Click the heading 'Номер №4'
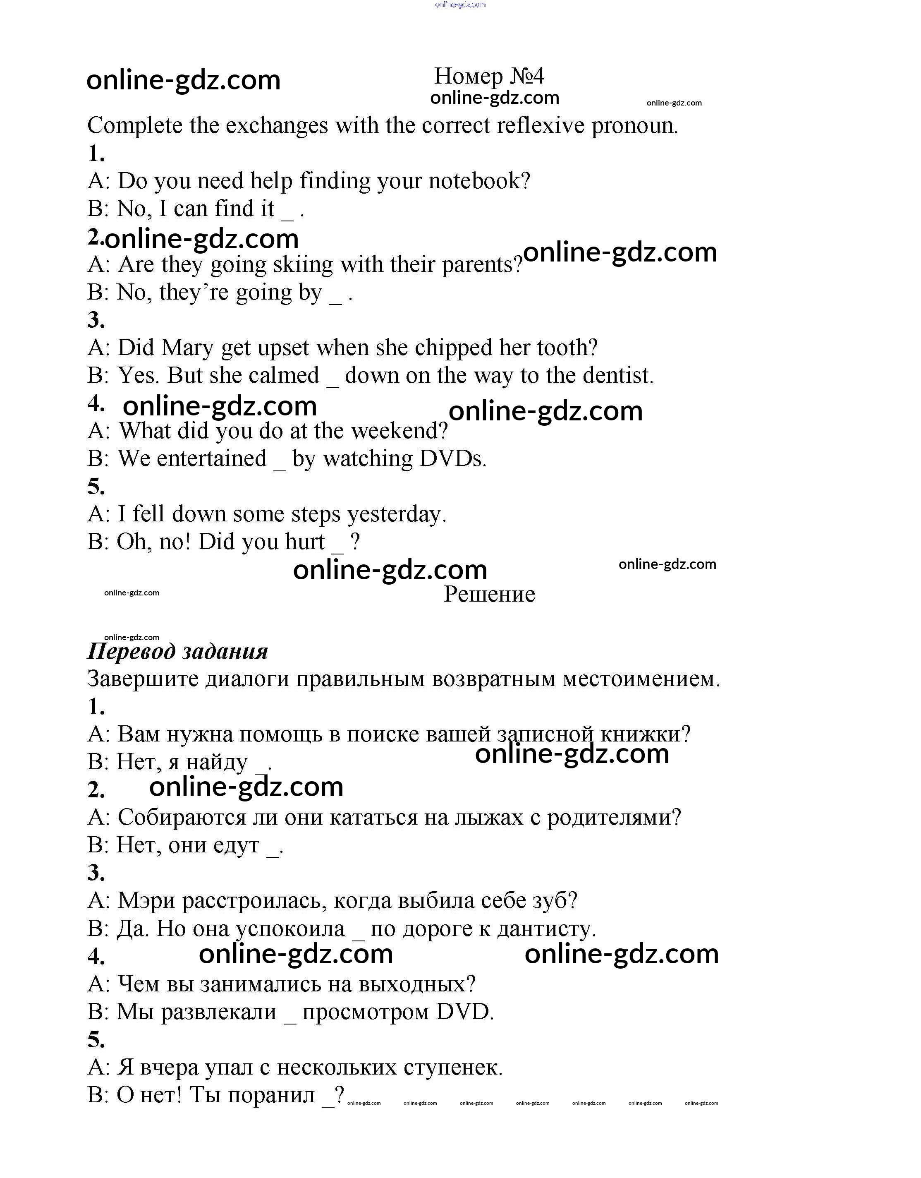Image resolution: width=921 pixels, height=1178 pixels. pyautogui.click(x=489, y=76)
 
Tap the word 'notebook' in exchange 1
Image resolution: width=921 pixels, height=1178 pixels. pyautogui.click(x=479, y=181)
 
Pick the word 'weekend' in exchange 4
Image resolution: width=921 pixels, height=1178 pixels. pyautogui.click(x=399, y=431)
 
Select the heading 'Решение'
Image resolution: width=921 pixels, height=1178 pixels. pyautogui.click(x=489, y=595)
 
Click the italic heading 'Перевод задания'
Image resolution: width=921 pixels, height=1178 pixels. pyautogui.click(x=177, y=652)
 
